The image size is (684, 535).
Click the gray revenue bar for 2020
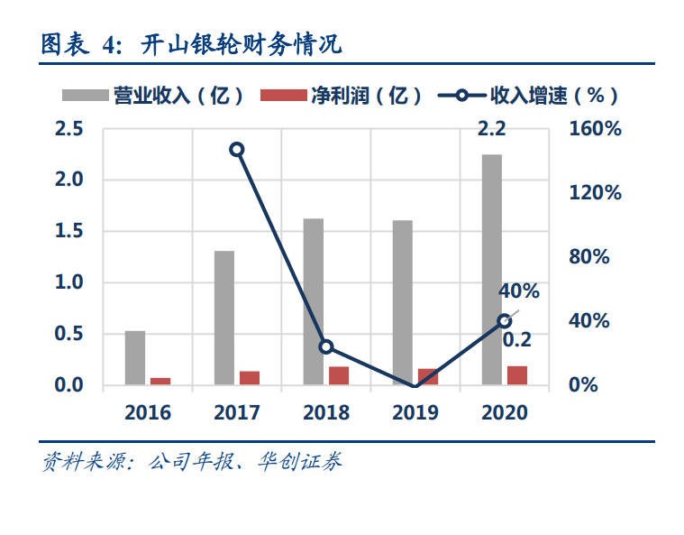point(491,271)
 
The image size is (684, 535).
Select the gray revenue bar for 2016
point(135,358)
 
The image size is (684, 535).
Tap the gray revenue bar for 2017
point(224,318)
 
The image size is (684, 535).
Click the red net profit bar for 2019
point(428,377)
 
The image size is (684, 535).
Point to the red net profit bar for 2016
point(160,382)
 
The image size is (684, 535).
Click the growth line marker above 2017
point(237,150)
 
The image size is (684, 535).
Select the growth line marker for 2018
point(326,346)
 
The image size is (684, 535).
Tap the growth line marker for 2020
point(505,321)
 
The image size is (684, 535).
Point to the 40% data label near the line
point(518,291)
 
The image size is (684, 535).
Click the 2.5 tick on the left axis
point(69,129)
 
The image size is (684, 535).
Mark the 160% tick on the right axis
point(596,129)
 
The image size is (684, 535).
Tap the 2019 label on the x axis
point(415,413)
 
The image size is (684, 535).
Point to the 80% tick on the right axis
point(590,257)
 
